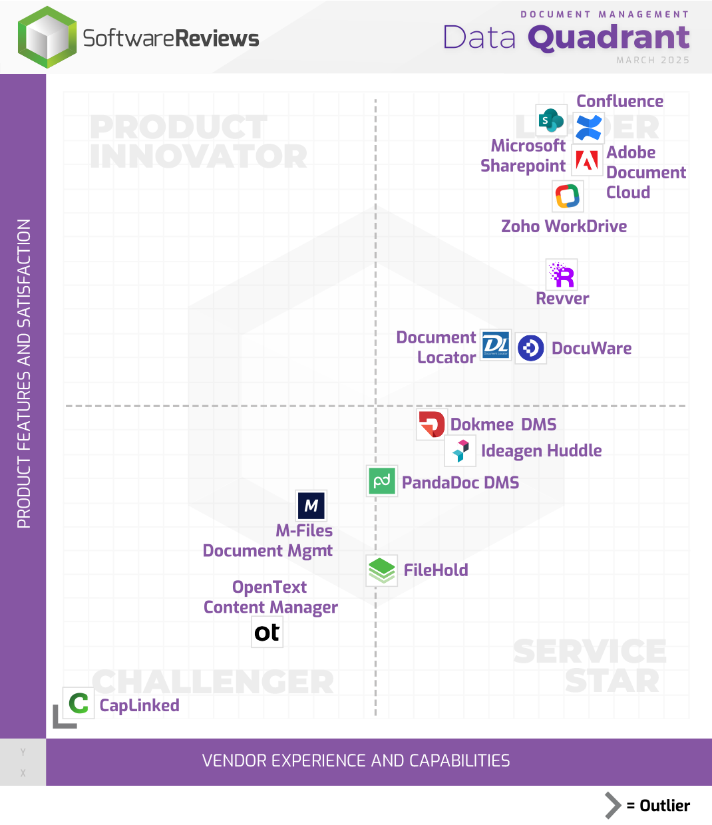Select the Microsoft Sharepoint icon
pos(551,120)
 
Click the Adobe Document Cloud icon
pos(587,160)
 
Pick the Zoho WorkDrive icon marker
pos(568,196)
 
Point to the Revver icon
pos(562,274)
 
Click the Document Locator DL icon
pos(496,346)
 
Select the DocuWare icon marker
pos(531,348)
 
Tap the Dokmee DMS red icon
pos(431,424)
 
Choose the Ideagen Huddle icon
pos(460,450)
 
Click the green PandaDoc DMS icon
pos(382,481)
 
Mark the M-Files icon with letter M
pos(311,506)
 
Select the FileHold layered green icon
pos(382,570)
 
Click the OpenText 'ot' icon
pos(267,632)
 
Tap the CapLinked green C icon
pos(79,703)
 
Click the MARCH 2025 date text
pos(652,60)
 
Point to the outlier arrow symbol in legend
pos(612,806)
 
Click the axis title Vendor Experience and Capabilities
pos(356,760)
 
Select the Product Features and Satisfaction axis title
pos(24,373)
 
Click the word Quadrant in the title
pos(608,37)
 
